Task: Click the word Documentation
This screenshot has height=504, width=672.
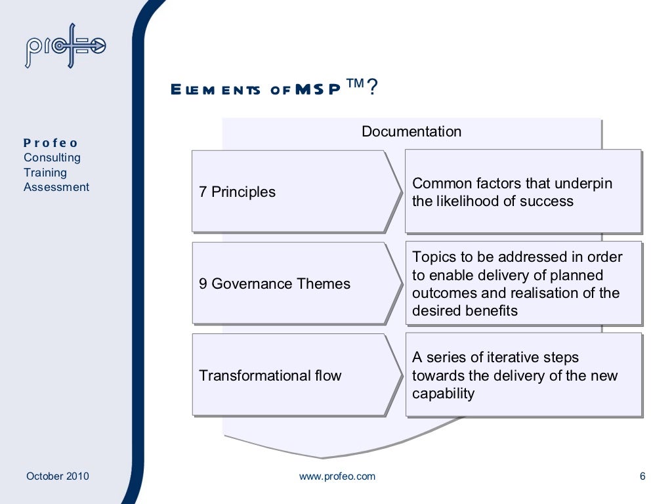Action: click(411, 131)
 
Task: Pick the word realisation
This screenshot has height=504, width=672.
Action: click(551, 293)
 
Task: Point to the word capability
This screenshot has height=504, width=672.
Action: click(443, 394)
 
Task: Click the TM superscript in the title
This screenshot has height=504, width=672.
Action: click(355, 83)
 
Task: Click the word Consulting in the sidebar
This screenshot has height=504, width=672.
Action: click(52, 157)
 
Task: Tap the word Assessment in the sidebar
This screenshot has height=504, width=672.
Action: click(56, 187)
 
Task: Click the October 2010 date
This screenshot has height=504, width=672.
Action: click(58, 476)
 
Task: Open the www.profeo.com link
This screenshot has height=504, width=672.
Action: click(337, 476)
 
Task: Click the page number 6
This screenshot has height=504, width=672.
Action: click(642, 476)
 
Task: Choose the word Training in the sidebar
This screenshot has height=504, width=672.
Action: click(45, 173)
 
